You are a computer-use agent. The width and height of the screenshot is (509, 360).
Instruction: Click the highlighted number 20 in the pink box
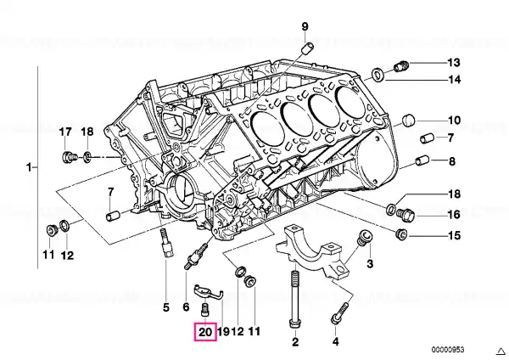click(205, 332)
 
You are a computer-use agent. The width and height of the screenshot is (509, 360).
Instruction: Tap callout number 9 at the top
click(305, 26)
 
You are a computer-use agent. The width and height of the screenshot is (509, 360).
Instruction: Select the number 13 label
click(454, 62)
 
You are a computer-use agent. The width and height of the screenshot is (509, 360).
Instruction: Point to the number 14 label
click(454, 79)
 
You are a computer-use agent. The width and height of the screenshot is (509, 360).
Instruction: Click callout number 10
click(454, 121)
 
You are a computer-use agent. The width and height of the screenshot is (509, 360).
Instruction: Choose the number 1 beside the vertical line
click(29, 167)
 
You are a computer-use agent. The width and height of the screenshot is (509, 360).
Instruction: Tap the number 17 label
click(65, 132)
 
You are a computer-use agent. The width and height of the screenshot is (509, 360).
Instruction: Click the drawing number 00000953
click(448, 350)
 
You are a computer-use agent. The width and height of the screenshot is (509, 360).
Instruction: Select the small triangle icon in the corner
click(501, 351)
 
